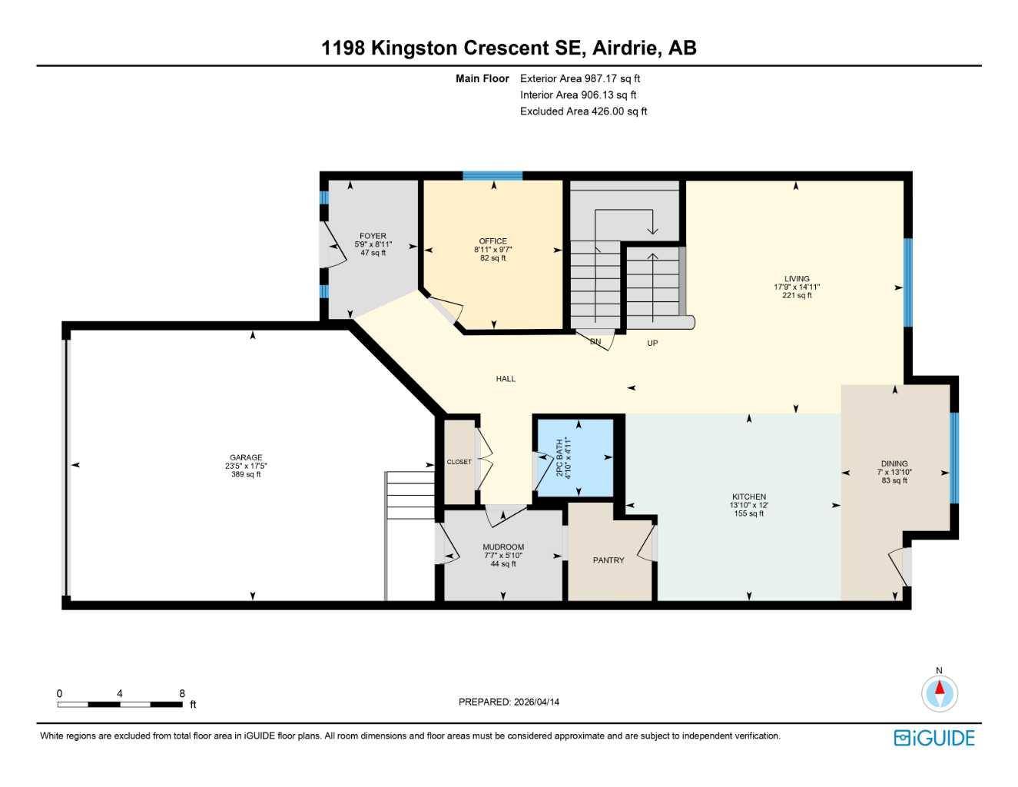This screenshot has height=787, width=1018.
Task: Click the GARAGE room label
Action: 245,457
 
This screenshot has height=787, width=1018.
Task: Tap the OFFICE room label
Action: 492,241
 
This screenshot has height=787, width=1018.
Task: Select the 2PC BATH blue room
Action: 575,457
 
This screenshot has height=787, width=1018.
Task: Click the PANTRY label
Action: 608,560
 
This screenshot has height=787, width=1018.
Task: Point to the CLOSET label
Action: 459,462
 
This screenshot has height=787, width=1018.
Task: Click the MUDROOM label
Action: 503,547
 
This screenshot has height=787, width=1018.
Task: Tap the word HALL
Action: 506,379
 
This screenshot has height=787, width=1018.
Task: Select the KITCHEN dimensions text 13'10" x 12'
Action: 748,505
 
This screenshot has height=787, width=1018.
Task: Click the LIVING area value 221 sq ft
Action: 797,295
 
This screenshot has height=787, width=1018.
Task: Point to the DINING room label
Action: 894,463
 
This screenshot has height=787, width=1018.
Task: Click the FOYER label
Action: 373,236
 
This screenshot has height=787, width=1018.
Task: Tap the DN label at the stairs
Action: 595,341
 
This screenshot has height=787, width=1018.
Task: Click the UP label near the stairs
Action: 652,343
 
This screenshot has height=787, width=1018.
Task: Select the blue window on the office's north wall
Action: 492,176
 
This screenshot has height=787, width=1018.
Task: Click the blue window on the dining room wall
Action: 954,457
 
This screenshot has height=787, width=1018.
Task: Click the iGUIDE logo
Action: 933,738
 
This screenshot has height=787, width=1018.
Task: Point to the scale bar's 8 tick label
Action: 182,693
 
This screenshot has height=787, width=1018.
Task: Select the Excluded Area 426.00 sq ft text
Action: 583,111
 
